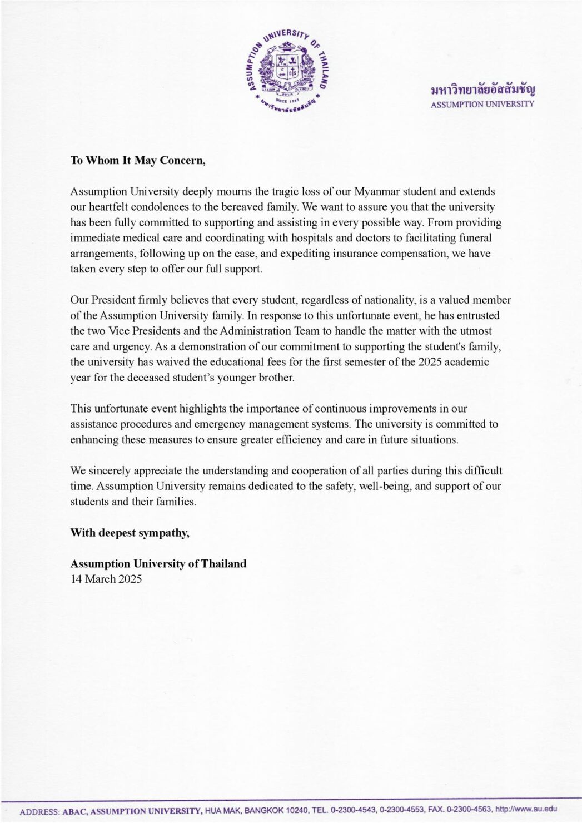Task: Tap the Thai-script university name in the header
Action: pyautogui.click(x=482, y=89)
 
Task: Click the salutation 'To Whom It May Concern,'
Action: pyautogui.click(x=138, y=161)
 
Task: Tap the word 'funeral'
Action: pyautogui.click(x=474, y=238)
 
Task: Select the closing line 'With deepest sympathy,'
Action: pyautogui.click(x=130, y=533)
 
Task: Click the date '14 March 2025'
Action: pyautogui.click(x=106, y=579)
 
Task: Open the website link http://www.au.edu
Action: pyautogui.click(x=525, y=809)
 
